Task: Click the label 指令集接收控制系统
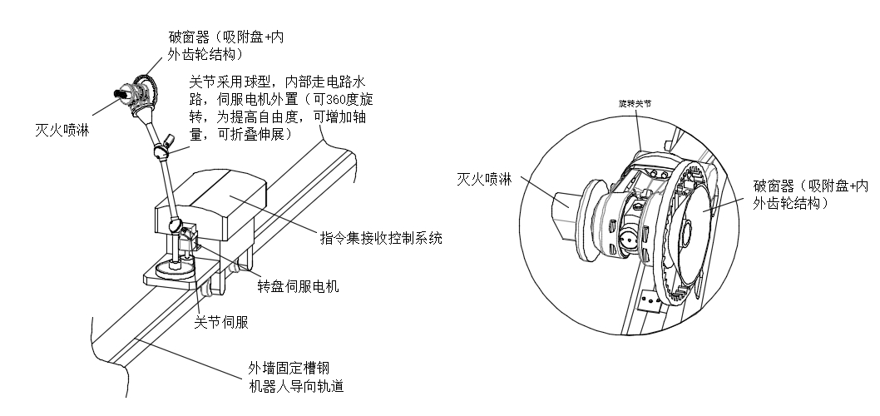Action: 381,238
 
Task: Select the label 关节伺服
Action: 220,320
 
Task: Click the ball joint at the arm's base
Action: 176,225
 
